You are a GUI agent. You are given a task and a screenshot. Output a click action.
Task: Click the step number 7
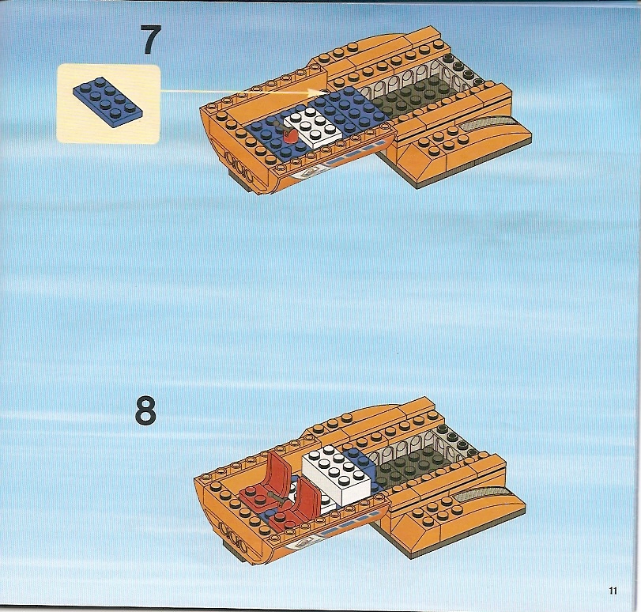[x=150, y=40]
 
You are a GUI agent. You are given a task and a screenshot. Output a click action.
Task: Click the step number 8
[x=145, y=410]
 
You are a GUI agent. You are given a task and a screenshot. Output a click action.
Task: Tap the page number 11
[x=613, y=591]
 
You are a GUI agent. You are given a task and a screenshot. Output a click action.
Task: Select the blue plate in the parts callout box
[x=108, y=102]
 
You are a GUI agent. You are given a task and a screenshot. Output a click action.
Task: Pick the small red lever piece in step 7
[x=290, y=135]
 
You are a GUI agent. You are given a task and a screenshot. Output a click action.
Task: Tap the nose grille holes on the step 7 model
[x=240, y=167]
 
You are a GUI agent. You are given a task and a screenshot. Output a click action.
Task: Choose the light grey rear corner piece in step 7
[x=464, y=70]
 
